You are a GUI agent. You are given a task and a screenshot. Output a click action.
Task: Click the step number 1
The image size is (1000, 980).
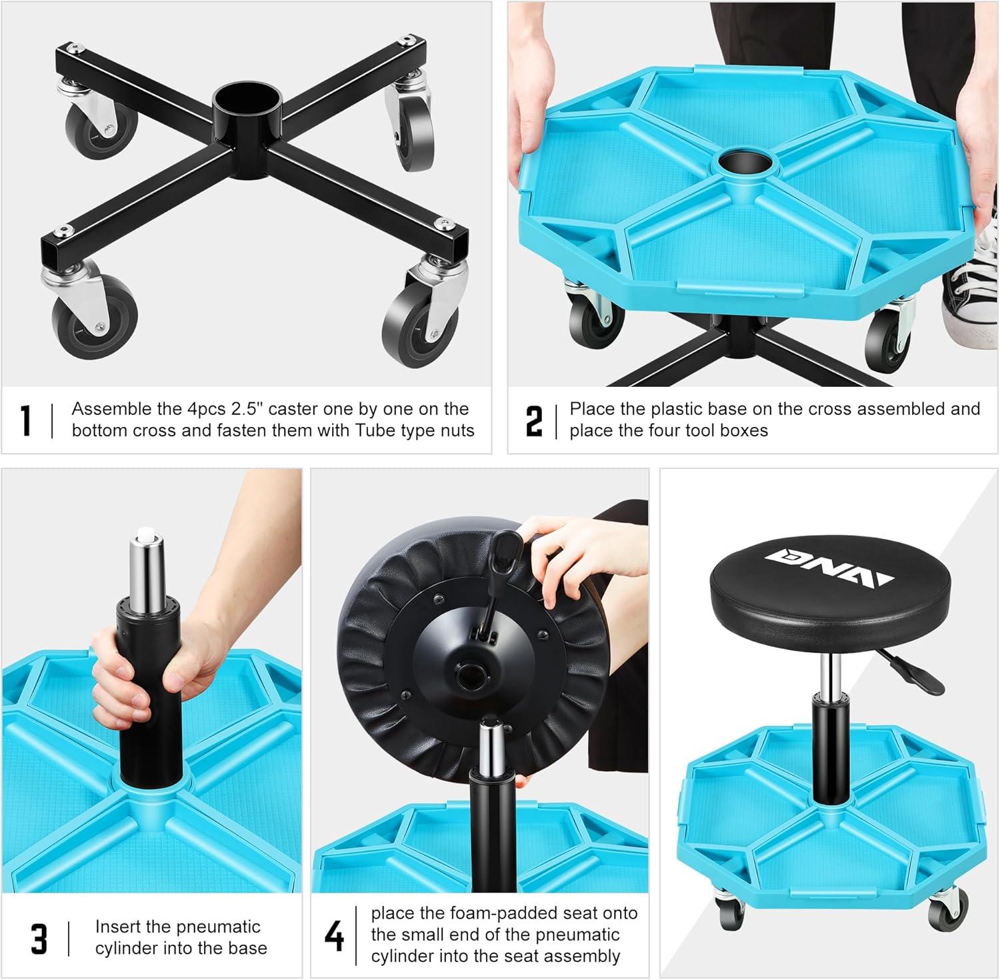click(26, 420)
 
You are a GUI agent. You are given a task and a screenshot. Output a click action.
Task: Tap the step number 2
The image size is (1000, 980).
click(534, 420)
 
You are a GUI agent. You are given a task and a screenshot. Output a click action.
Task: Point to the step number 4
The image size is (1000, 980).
click(334, 935)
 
